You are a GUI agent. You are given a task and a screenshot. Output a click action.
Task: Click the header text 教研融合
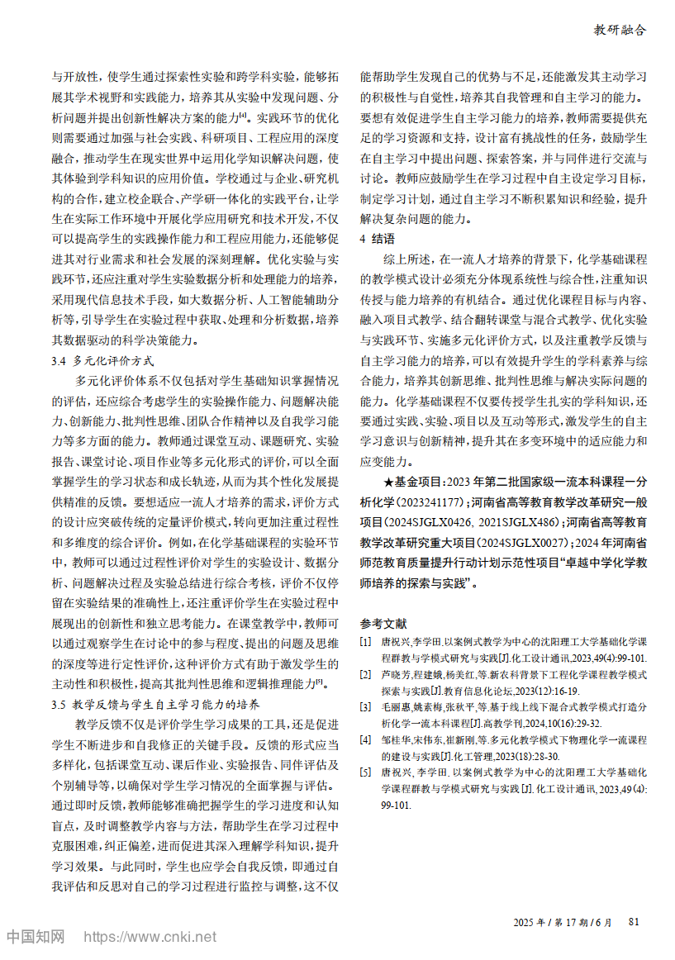(x=620, y=30)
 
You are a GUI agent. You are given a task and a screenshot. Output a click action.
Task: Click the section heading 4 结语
(x=378, y=239)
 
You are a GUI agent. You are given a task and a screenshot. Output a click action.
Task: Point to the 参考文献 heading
(x=384, y=622)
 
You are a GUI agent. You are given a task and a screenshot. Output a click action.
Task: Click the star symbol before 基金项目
(x=390, y=480)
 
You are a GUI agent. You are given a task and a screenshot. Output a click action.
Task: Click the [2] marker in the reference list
(x=365, y=674)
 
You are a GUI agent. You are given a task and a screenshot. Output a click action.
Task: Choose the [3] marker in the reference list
(x=365, y=707)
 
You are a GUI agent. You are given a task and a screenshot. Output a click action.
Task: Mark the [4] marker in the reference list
(x=365, y=739)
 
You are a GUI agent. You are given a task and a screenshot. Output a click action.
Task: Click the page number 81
(x=634, y=921)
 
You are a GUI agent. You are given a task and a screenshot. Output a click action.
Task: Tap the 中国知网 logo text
(x=36, y=937)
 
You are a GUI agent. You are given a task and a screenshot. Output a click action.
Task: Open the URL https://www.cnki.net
(x=151, y=937)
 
